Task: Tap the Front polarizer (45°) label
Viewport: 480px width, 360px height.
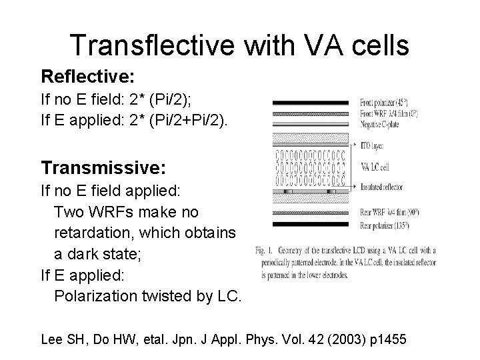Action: pyautogui.click(x=389, y=103)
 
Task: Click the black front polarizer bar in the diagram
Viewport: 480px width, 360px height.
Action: pyautogui.click(x=311, y=103)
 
